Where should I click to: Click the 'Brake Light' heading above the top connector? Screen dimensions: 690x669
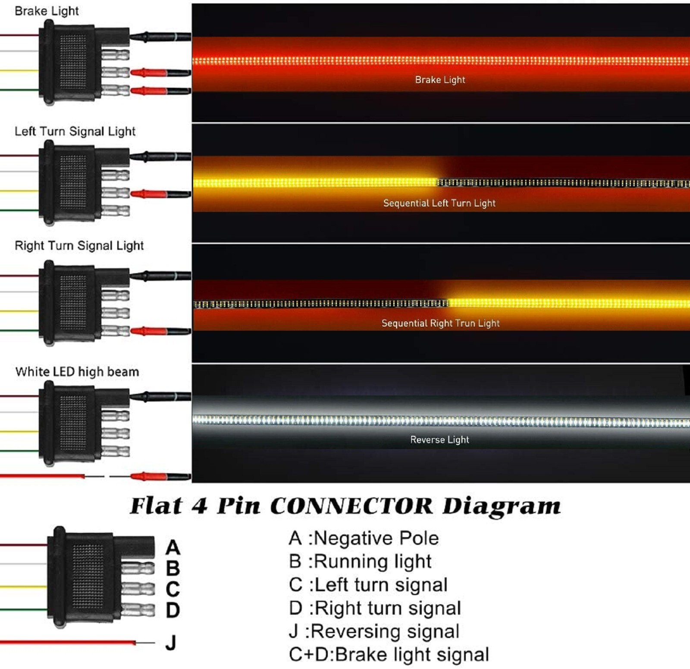(x=47, y=11)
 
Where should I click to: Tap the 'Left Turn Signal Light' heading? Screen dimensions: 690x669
(x=75, y=131)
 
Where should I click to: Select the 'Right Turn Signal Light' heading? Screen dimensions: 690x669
(x=79, y=245)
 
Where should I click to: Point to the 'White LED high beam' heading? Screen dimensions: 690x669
(x=77, y=372)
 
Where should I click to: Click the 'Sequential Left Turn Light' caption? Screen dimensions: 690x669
(x=439, y=203)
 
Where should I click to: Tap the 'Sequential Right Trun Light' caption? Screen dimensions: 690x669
(x=440, y=323)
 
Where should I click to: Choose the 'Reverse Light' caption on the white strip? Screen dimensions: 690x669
(x=439, y=440)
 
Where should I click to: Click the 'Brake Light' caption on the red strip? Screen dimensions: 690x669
(x=440, y=80)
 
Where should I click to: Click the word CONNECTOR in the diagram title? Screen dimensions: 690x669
(x=351, y=506)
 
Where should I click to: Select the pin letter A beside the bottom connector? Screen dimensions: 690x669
(x=172, y=547)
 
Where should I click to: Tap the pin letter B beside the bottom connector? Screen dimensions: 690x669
(x=172, y=568)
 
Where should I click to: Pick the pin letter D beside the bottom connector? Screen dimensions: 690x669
(x=172, y=610)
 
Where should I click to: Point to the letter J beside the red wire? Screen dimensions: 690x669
(x=171, y=643)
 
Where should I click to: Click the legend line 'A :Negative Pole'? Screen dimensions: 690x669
(x=364, y=538)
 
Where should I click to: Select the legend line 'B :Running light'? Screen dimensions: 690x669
(x=360, y=562)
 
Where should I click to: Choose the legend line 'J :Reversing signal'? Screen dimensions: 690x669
(x=374, y=631)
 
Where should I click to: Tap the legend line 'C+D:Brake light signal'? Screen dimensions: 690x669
(x=389, y=654)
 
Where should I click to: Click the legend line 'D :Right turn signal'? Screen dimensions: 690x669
(x=375, y=608)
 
